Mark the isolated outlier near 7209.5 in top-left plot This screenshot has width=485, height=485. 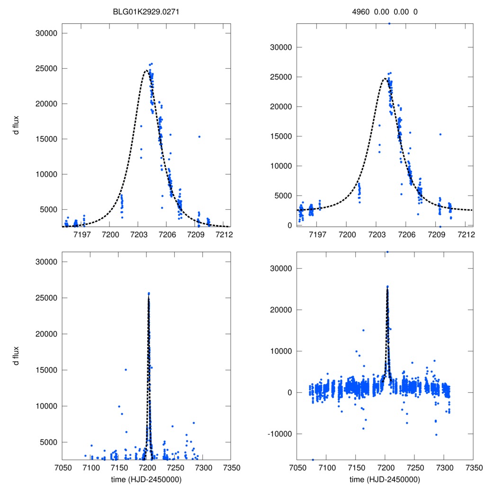pyautogui.click(x=199, y=136)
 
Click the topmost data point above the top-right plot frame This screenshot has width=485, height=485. pyautogui.click(x=389, y=23)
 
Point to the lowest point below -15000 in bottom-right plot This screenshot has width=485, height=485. pyautogui.click(x=313, y=459)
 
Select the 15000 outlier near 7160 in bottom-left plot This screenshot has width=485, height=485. pyautogui.click(x=126, y=369)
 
